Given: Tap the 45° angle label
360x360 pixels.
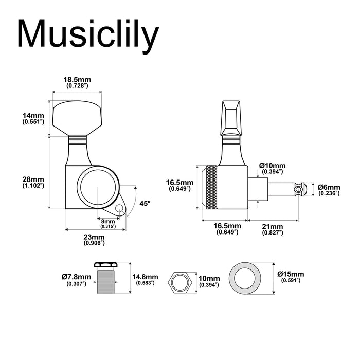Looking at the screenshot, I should [x=145, y=204].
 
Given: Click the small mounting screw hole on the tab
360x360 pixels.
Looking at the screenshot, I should [x=120, y=209].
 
